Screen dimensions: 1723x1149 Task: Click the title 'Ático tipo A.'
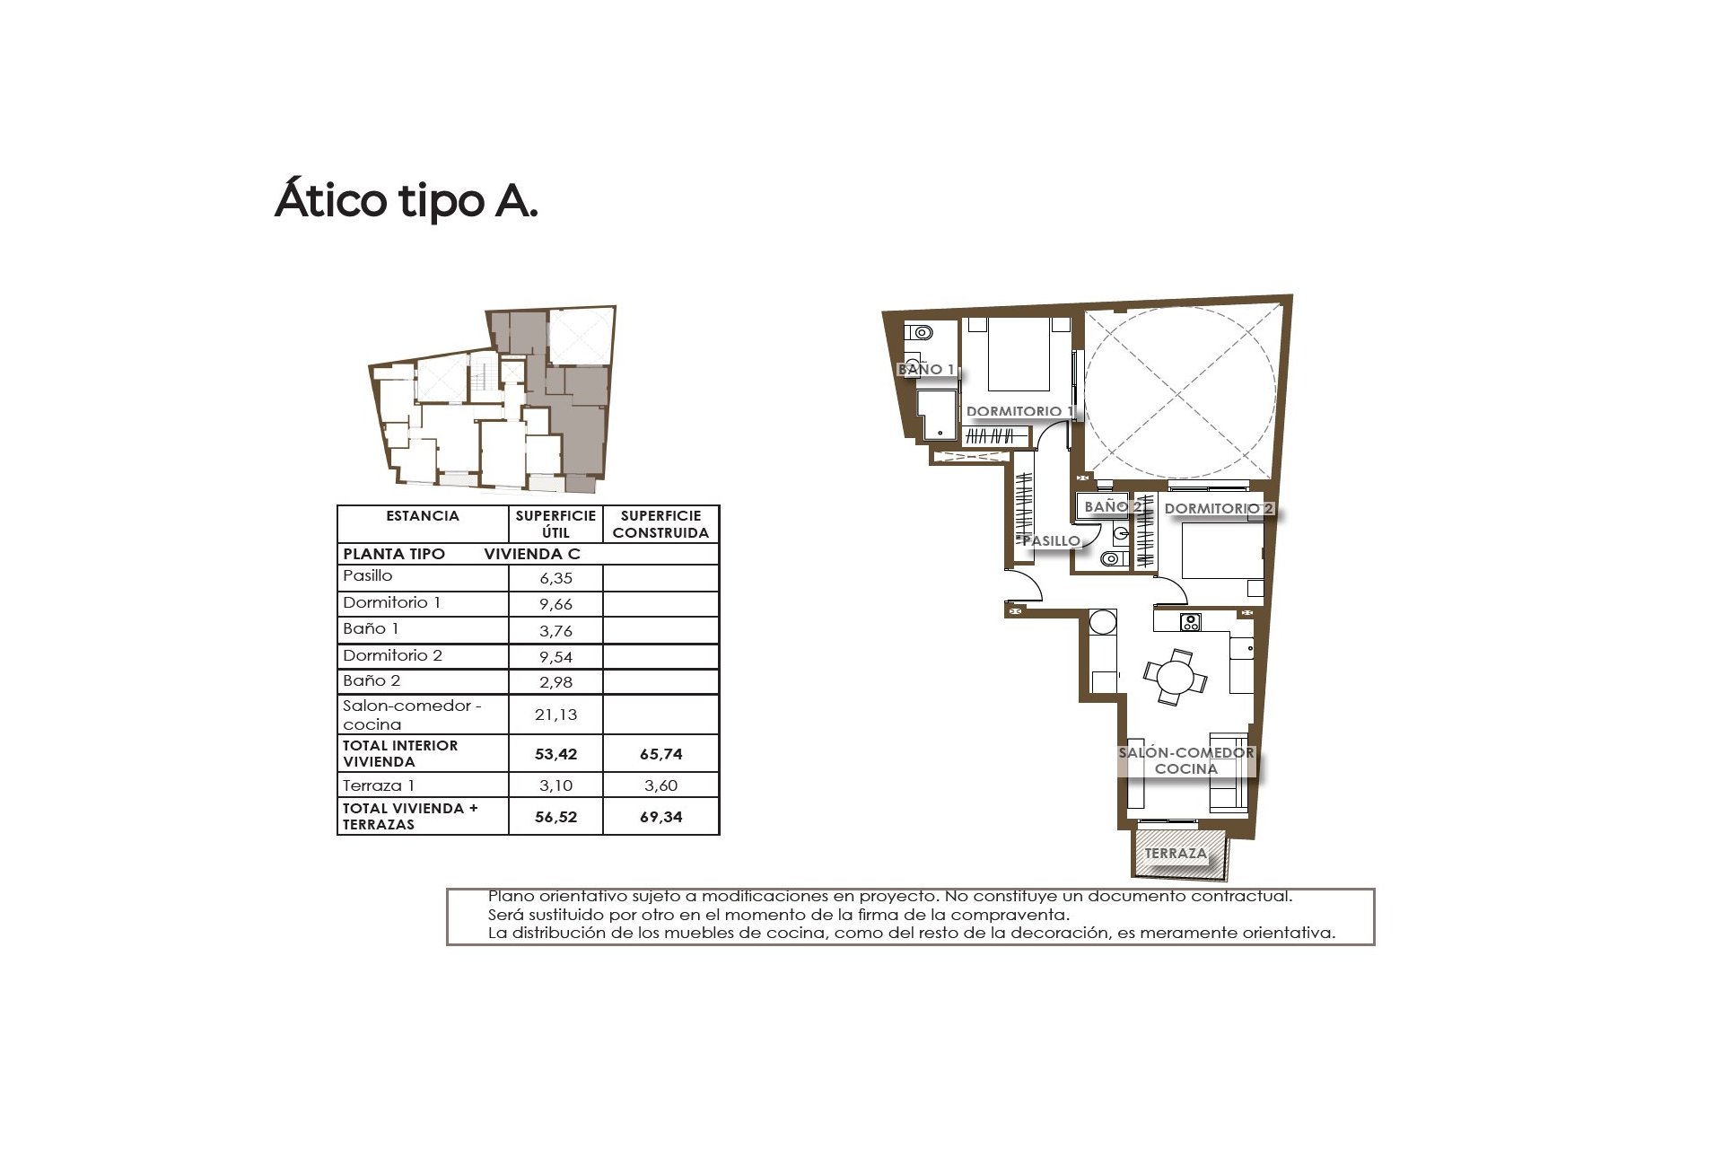pyautogui.click(x=406, y=200)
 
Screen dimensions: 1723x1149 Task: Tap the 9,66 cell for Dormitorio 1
pyautogui.click(x=555, y=604)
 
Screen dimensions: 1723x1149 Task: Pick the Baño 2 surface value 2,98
pyautogui.click(x=555, y=682)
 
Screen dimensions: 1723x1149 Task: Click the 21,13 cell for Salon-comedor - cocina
pyautogui.click(x=555, y=715)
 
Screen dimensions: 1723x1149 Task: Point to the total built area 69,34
pyautogui.click(x=660, y=817)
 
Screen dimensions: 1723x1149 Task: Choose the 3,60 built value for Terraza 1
pyautogui.click(x=660, y=785)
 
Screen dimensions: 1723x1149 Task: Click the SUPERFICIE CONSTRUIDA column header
pyautogui.click(x=660, y=524)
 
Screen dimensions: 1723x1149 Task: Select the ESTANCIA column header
pyautogui.click(x=423, y=516)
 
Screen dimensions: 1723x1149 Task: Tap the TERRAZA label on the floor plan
pyautogui.click(x=1176, y=853)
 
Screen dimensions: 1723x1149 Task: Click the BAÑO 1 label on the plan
pyautogui.click(x=925, y=369)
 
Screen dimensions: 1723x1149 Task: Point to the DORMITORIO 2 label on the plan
pyautogui.click(x=1218, y=508)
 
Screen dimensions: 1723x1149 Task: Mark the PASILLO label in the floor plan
pyautogui.click(x=1051, y=540)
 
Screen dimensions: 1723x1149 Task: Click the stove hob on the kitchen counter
pyautogui.click(x=1191, y=621)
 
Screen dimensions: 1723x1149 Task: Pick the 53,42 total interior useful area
pyautogui.click(x=555, y=754)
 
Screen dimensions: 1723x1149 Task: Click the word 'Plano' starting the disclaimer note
pyautogui.click(x=510, y=896)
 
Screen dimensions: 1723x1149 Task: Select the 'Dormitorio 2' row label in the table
pyautogui.click(x=392, y=655)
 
